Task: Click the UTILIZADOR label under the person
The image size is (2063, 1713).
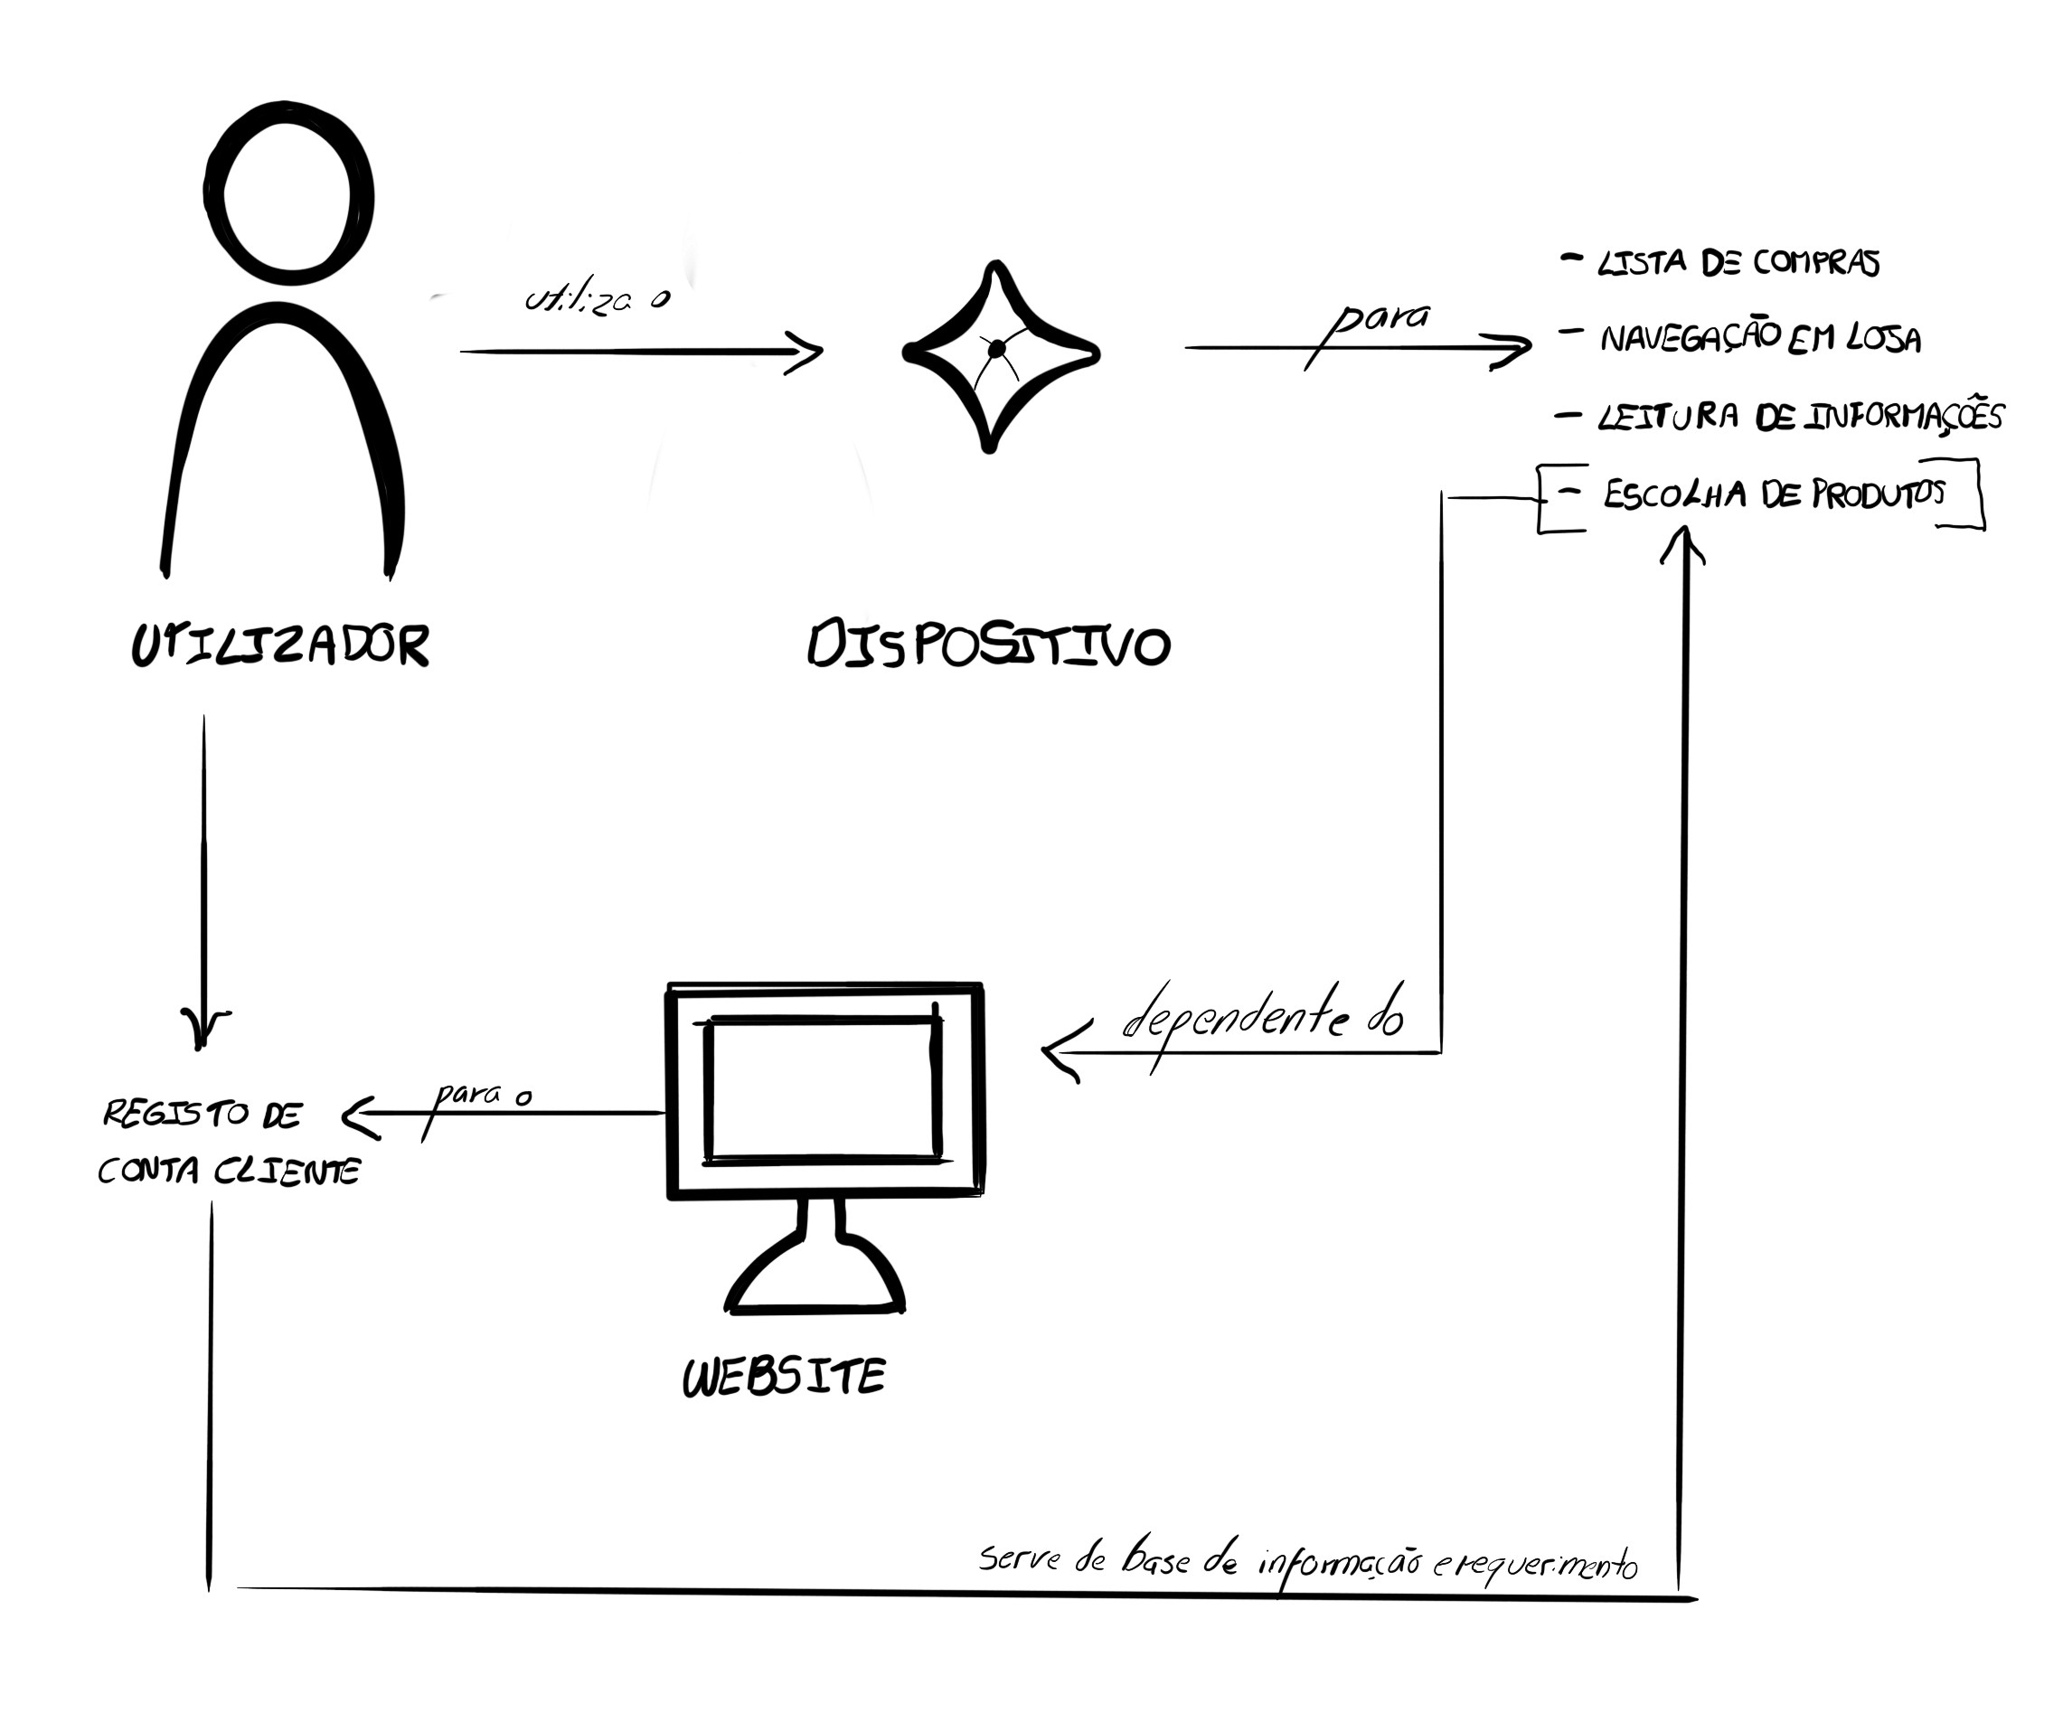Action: click(x=281, y=646)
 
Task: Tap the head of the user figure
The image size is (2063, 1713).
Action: click(x=287, y=193)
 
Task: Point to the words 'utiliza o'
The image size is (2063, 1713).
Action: click(x=598, y=298)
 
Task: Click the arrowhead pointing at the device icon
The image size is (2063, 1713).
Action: click(x=807, y=352)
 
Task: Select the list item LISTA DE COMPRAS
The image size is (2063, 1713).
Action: click(x=1738, y=263)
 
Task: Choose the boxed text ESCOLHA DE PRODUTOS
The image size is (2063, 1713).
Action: click(x=1773, y=494)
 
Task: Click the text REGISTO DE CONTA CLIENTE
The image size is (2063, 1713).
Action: click(x=229, y=1143)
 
